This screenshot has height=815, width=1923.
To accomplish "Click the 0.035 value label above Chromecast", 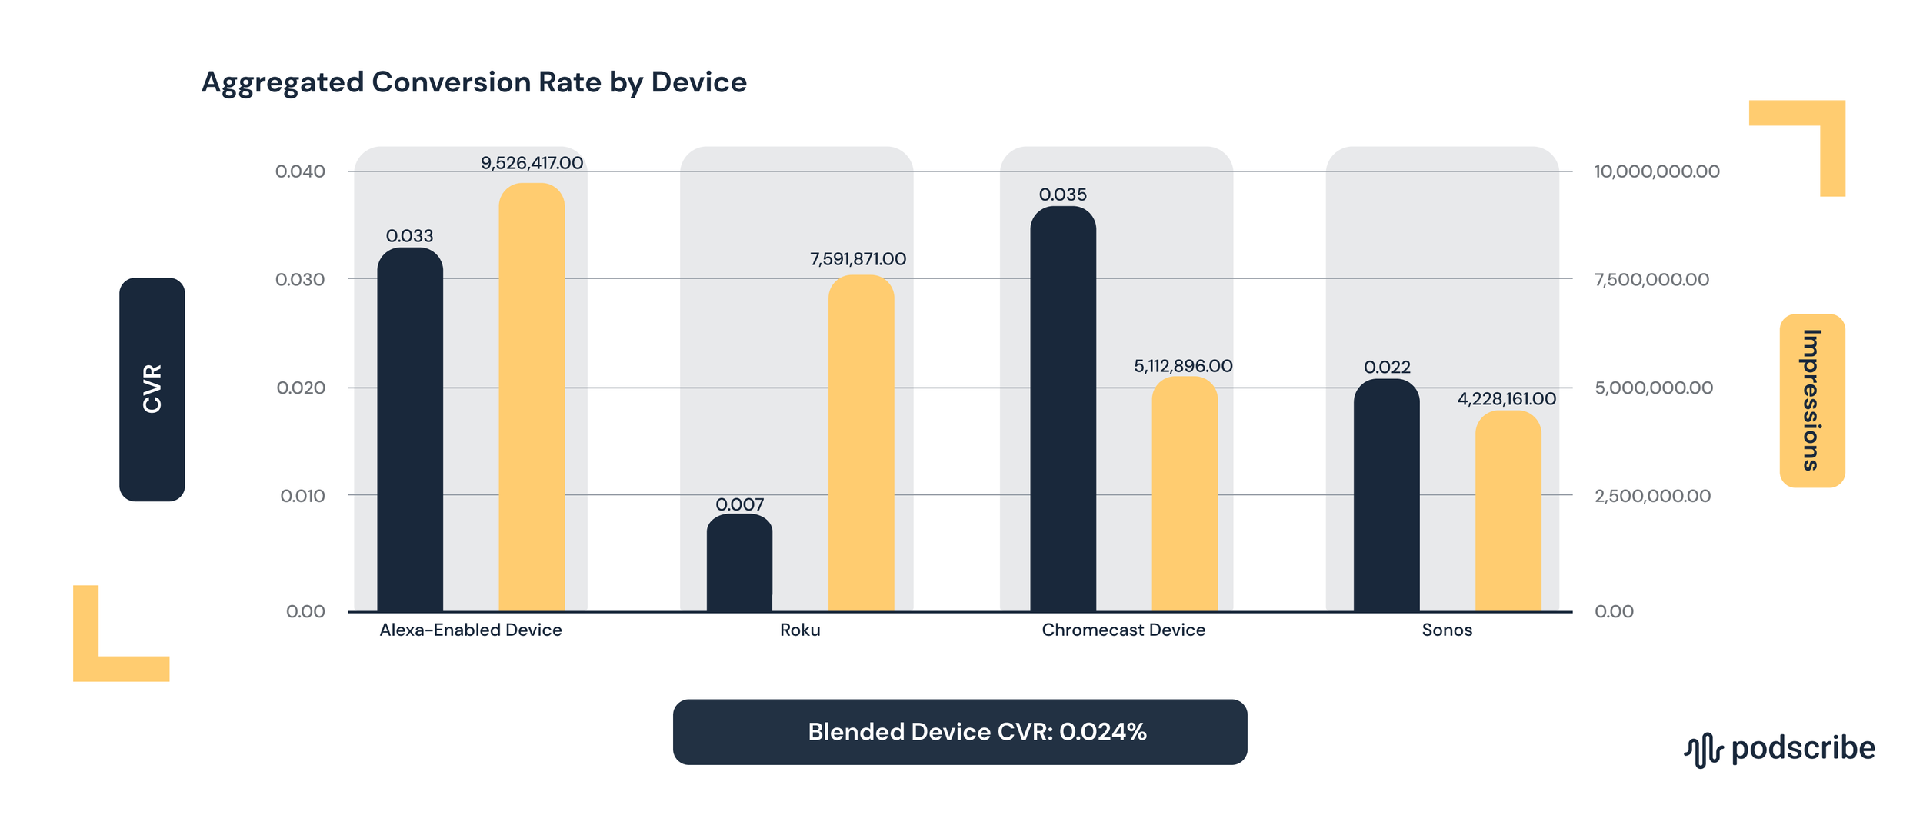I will tap(1062, 195).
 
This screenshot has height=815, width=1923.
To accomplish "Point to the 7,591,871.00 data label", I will tap(858, 259).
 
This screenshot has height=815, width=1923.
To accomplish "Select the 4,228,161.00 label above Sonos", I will tap(1506, 399).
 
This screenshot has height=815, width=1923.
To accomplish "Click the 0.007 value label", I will tap(739, 504).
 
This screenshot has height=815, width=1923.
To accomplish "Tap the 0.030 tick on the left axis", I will tap(300, 279).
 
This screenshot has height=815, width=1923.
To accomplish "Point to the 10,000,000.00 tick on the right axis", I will tap(1656, 171).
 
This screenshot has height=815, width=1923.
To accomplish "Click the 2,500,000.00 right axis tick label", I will tap(1652, 496).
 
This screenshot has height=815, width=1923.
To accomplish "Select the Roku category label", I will tap(800, 630).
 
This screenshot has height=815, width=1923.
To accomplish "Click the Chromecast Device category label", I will tap(1123, 630).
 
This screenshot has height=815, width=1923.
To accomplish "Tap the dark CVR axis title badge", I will tap(152, 389).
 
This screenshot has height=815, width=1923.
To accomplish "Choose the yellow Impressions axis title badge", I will tap(1811, 400).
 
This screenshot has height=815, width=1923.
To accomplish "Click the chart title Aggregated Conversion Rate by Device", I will tap(474, 82).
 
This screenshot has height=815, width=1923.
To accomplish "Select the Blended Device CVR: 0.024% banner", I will tap(959, 731).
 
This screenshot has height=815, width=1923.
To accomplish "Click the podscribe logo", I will tap(1779, 749).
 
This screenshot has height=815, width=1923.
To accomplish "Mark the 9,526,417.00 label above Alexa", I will tap(532, 163).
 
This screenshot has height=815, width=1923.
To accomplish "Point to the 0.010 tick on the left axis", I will tap(302, 496).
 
